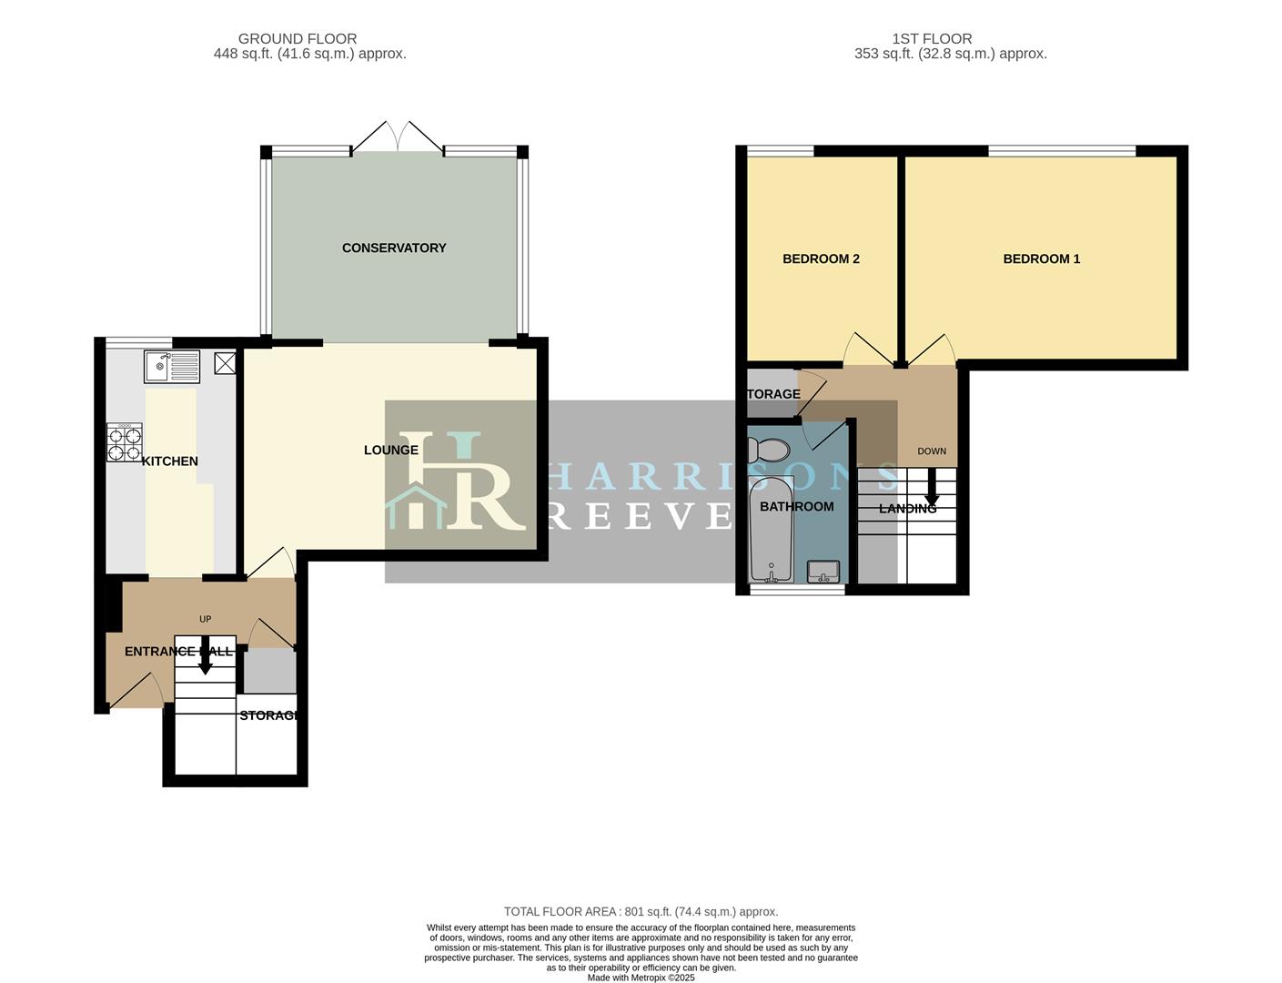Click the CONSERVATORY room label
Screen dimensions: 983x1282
[394, 248]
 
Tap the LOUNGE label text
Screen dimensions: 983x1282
[390, 450]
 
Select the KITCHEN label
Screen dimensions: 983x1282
[170, 461]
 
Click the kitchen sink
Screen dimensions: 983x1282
[172, 367]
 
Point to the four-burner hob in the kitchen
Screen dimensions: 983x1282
[125, 442]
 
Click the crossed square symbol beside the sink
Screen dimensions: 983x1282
[225, 363]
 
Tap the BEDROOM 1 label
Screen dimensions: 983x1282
[1041, 258]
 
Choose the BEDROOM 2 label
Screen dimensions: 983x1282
[821, 258]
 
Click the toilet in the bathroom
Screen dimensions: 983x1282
[769, 450]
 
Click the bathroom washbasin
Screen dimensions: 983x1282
[824, 571]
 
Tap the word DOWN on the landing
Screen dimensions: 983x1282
[932, 451]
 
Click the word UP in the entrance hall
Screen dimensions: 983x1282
[205, 619]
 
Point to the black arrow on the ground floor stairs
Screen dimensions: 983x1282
[205, 658]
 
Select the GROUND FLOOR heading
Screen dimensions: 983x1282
[298, 39]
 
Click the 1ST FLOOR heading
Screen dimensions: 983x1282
[932, 39]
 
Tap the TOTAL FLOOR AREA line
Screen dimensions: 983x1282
[641, 911]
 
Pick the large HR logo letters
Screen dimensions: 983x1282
[459, 482]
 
